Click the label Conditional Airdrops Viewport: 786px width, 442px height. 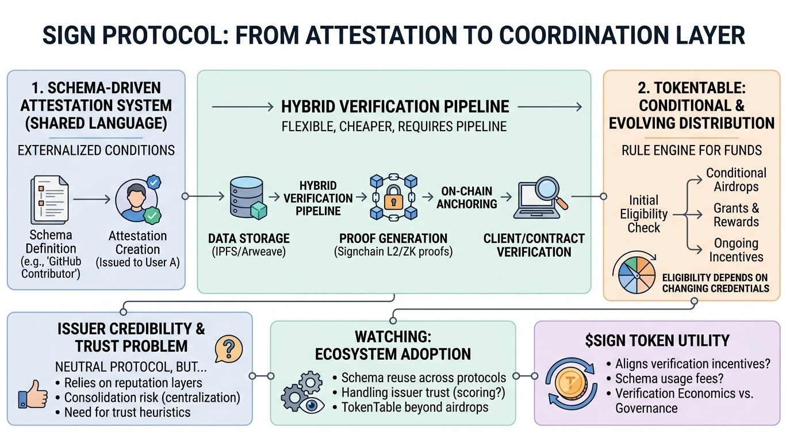(x=736, y=180)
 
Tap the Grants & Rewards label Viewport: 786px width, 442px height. (x=736, y=215)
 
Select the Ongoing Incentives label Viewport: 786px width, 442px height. (x=736, y=250)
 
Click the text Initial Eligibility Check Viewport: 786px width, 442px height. (x=643, y=214)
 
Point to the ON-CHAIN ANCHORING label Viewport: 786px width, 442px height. (x=469, y=197)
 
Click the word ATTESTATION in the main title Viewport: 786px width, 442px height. (x=380, y=36)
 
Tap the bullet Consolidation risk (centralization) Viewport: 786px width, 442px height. (x=152, y=398)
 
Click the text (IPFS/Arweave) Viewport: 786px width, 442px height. (x=248, y=252)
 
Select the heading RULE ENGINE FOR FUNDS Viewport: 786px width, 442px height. (x=691, y=151)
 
